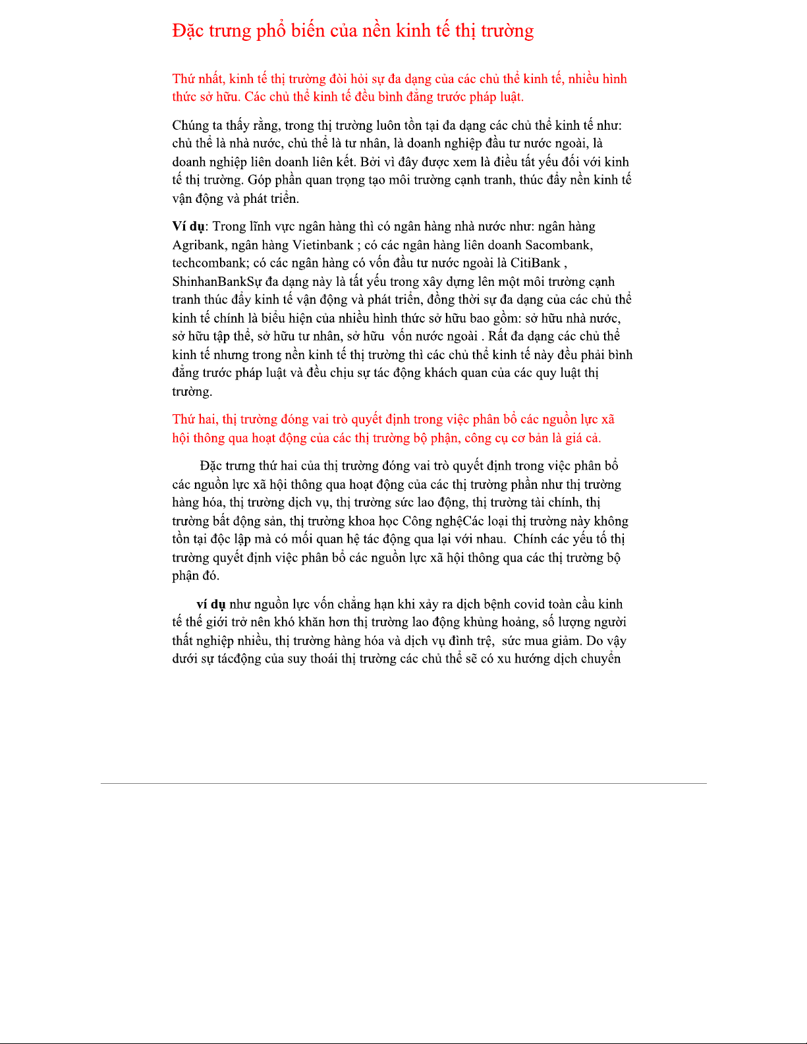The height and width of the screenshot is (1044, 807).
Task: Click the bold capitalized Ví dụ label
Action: [188, 227]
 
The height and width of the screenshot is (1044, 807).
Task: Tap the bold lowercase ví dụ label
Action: [211, 604]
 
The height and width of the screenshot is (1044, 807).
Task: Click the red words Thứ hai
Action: [194, 420]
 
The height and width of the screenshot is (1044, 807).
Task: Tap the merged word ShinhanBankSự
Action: [217, 282]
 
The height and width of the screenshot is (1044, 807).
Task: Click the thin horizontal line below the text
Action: [403, 783]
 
